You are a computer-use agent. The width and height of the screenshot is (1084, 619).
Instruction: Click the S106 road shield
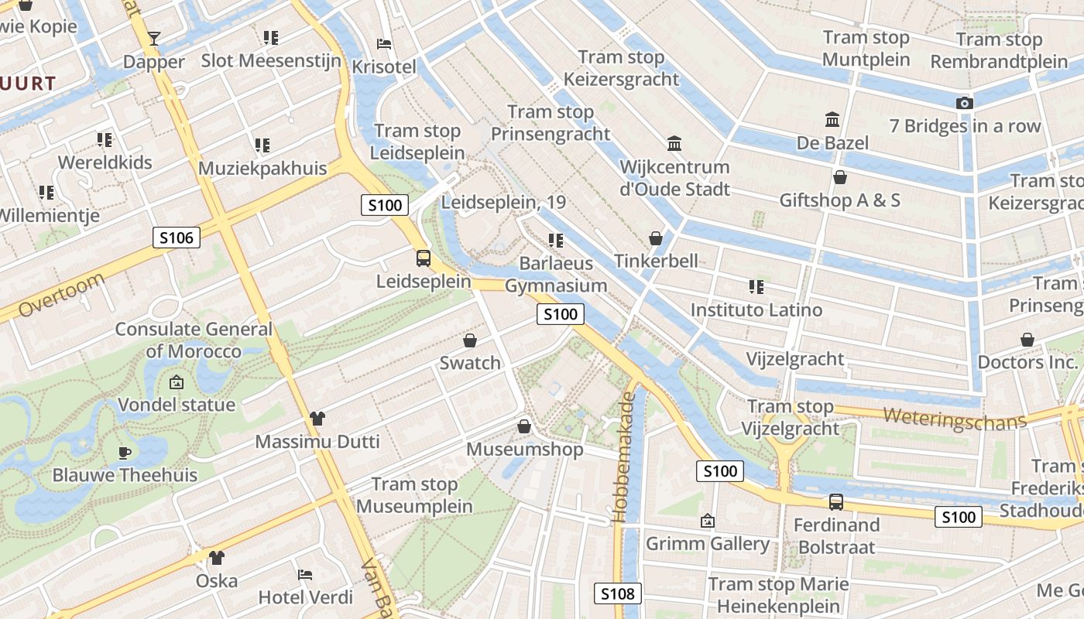point(177,238)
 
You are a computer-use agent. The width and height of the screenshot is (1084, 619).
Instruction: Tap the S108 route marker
point(617,593)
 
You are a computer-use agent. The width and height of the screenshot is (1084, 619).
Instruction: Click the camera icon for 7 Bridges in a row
point(964,103)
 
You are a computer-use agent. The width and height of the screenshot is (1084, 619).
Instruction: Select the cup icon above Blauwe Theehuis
point(124,453)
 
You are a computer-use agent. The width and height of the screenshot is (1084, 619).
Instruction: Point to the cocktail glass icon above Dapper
point(154,39)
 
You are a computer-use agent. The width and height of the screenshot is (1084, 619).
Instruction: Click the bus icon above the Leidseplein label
point(424,258)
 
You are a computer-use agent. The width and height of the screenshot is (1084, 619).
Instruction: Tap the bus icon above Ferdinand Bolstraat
point(836,502)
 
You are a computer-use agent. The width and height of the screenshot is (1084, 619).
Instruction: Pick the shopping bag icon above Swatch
point(470,340)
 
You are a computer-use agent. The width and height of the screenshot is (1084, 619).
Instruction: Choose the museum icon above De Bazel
point(832,120)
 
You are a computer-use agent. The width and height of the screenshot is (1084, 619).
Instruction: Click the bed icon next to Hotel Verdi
point(305,575)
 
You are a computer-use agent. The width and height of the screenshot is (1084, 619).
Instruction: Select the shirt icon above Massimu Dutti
point(317,419)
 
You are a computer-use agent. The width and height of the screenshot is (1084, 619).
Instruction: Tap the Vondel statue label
point(177,405)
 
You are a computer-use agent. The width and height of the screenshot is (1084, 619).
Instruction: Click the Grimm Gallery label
point(708,544)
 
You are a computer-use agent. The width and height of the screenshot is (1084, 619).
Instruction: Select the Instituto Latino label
point(756,310)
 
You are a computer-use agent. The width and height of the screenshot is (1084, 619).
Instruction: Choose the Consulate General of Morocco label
point(194,340)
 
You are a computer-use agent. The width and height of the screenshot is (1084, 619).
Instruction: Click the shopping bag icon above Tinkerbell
point(656,238)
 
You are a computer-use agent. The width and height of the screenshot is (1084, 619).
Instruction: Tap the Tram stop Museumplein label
point(414,496)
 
